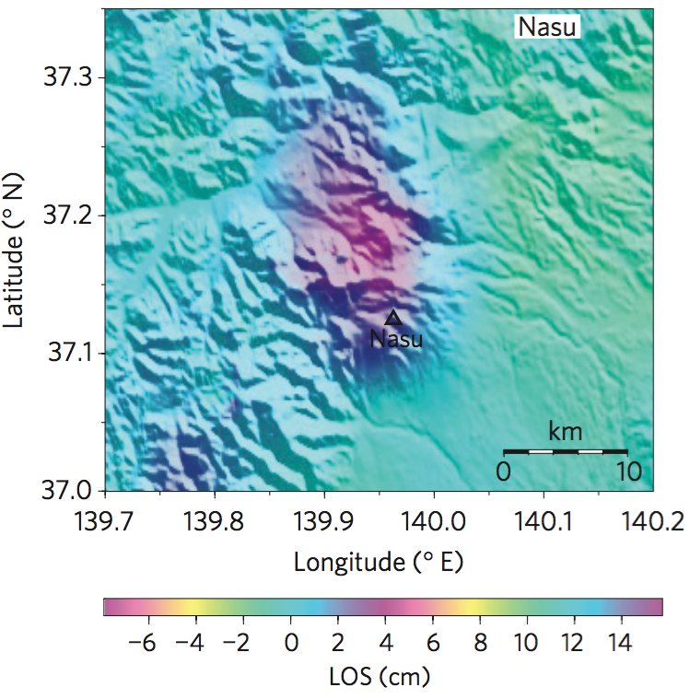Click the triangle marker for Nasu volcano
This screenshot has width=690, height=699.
pos(393,319)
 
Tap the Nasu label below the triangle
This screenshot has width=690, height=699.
pos(396,339)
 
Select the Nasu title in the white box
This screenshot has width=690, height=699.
pos(547,27)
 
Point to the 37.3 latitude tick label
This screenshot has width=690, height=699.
pos(68,78)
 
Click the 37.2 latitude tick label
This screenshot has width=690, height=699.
pos(68,216)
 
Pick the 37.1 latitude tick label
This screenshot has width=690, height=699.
pos(68,353)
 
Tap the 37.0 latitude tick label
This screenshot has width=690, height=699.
pos(68,490)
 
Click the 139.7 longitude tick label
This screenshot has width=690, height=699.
pos(104,522)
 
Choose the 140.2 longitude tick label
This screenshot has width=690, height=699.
pos(652,522)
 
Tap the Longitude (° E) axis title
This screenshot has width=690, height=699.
pos(379,562)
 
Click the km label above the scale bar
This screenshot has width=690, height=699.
pos(566,431)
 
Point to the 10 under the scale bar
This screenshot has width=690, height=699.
pos(627,472)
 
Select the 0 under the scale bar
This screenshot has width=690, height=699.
pos(503,472)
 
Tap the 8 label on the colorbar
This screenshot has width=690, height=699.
pos(479,643)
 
